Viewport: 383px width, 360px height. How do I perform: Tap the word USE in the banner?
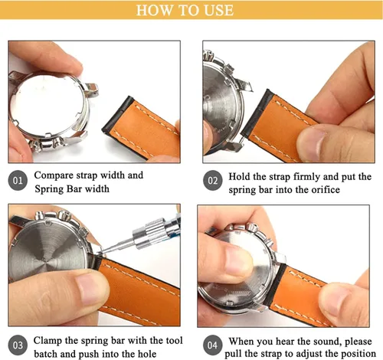(x=219, y=10)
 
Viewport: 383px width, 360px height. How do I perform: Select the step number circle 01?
(x=18, y=181)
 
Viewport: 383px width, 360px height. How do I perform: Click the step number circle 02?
(x=213, y=181)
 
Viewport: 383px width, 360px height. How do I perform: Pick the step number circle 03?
(x=18, y=345)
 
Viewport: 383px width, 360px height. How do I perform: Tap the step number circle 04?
(x=212, y=345)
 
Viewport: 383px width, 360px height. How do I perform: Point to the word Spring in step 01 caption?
(x=48, y=189)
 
